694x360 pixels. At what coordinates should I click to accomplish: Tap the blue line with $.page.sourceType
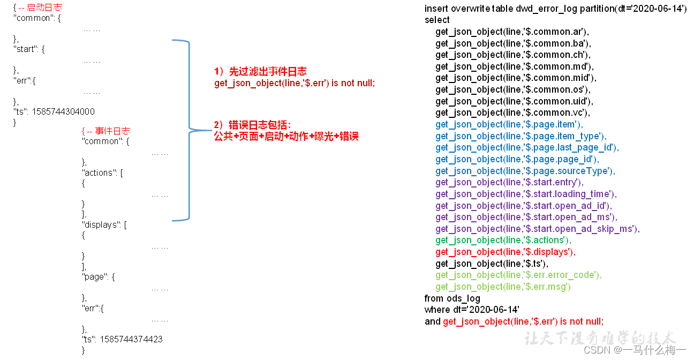pyautogui.click(x=525, y=171)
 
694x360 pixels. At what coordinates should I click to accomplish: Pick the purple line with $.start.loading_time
pyautogui.click(x=526, y=194)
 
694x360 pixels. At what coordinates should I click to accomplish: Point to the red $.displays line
pyautogui.click(x=505, y=252)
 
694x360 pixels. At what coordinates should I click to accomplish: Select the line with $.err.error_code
pyautogui.click(x=518, y=275)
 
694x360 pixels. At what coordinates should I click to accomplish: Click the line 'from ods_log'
pyautogui.click(x=452, y=298)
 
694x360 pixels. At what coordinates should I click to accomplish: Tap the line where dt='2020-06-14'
pyautogui.click(x=472, y=310)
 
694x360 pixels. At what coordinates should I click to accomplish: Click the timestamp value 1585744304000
pyautogui.click(x=63, y=111)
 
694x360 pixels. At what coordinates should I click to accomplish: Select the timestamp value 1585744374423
pyautogui.click(x=131, y=339)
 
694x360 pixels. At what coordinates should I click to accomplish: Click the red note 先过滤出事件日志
pyautogui.click(x=268, y=72)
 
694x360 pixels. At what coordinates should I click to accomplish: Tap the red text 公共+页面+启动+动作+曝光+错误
pyautogui.click(x=286, y=137)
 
